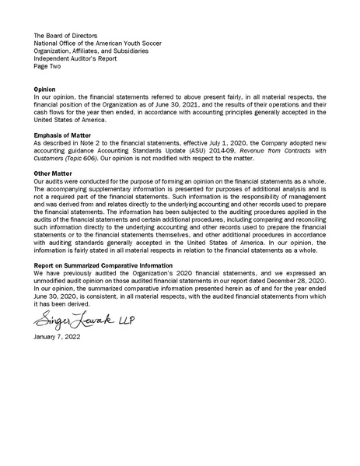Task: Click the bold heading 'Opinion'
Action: (45, 89)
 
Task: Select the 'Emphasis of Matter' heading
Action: (63, 135)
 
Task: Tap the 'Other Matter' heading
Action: (54, 173)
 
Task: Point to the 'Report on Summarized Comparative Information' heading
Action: (105, 266)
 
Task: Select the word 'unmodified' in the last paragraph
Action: (53, 282)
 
